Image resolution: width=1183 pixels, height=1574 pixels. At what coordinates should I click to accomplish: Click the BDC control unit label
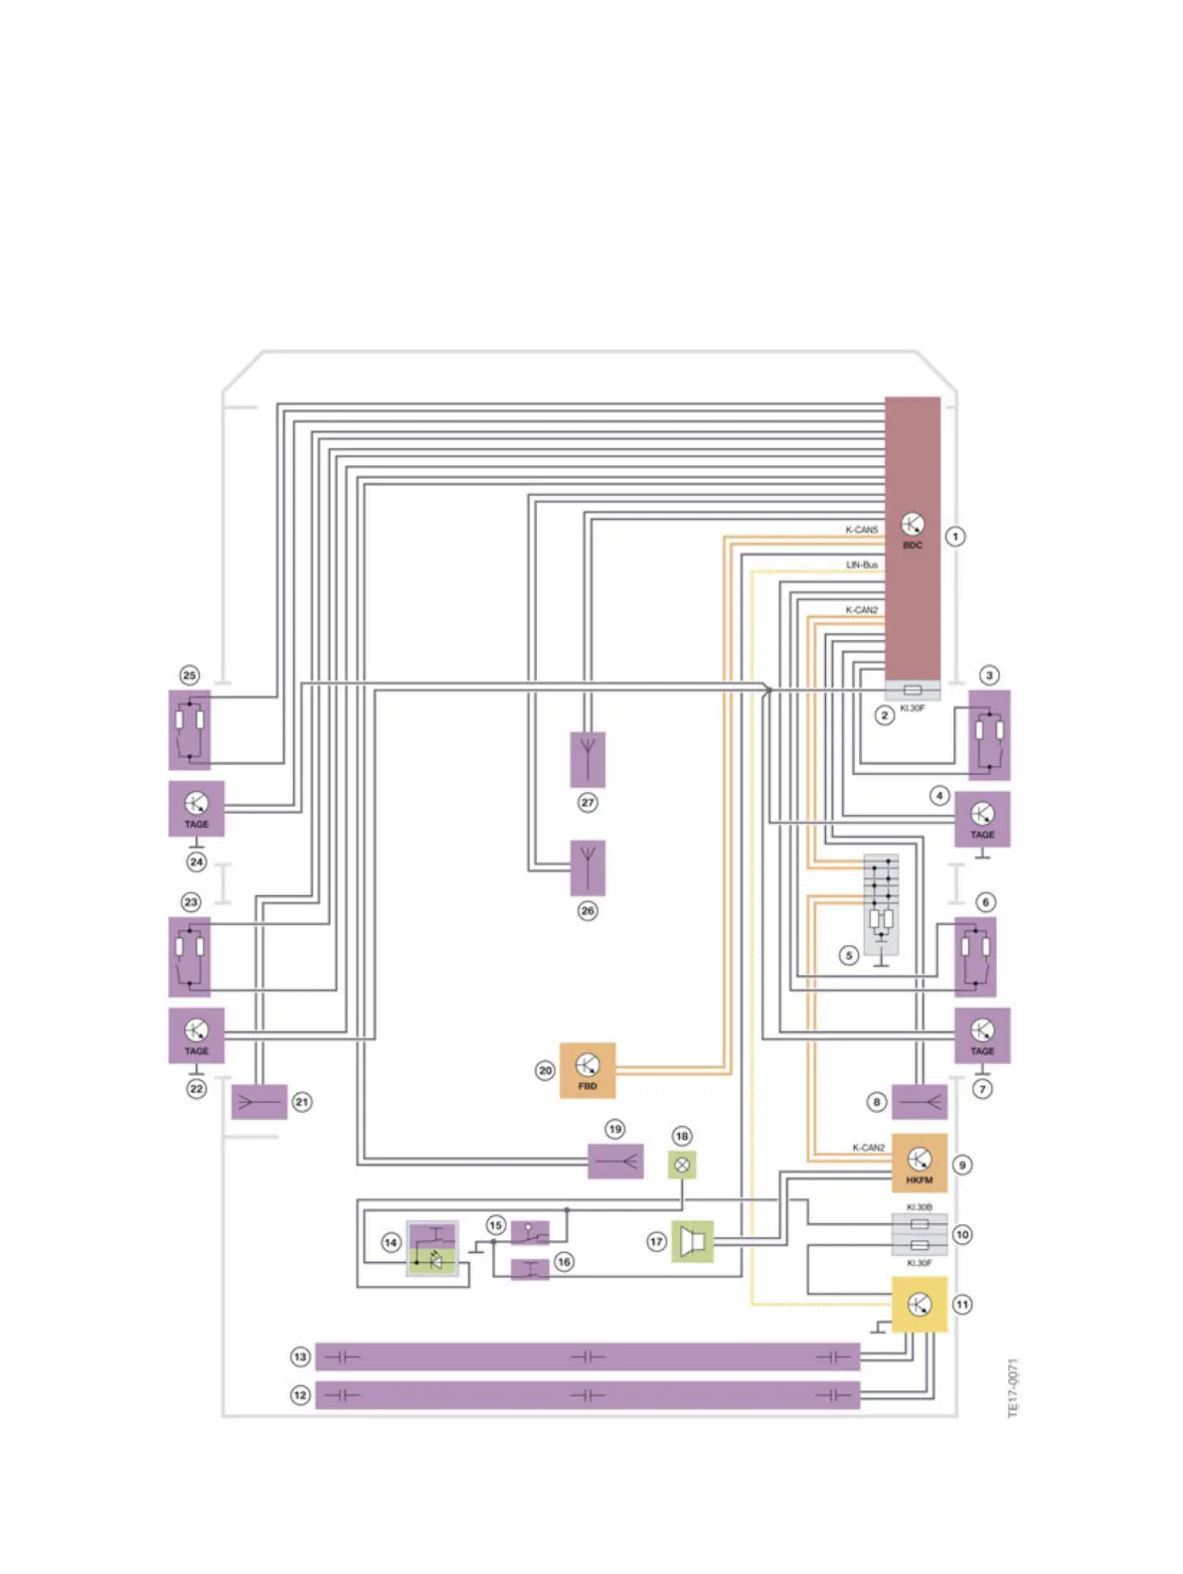912,546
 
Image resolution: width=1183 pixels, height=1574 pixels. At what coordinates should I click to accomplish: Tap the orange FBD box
588,1070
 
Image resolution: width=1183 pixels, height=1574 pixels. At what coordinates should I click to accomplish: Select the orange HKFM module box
919,1163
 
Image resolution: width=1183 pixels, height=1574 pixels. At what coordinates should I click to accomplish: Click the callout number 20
545,1070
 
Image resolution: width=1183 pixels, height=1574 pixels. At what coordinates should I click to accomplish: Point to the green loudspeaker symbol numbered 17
693,1241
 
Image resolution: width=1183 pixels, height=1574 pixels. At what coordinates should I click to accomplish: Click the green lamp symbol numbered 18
682,1165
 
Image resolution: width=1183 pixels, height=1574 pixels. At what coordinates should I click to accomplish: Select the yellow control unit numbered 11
919,1304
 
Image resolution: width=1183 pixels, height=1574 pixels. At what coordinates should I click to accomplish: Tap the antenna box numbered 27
588,759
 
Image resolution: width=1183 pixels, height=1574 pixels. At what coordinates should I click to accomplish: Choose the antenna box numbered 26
588,867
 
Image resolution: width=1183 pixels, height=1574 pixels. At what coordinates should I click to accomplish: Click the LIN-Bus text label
862,564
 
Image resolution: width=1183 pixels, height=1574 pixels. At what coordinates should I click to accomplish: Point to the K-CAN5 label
862,530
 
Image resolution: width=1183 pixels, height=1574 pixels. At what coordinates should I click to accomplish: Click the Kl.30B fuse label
919,1207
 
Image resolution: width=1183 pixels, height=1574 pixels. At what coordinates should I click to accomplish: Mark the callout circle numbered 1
955,537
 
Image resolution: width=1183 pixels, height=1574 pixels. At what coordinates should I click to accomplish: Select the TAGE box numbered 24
196,808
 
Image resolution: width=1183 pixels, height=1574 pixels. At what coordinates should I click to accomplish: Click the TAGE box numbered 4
982,819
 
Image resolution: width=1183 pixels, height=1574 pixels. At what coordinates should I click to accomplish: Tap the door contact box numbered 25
189,729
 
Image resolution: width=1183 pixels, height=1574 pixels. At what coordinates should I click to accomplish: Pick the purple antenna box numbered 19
615,1161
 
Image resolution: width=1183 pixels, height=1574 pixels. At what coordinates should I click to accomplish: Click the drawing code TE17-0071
1013,1387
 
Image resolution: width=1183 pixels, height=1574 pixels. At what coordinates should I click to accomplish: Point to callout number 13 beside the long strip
300,1356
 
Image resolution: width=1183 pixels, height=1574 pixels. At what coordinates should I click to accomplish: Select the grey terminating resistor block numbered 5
881,904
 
